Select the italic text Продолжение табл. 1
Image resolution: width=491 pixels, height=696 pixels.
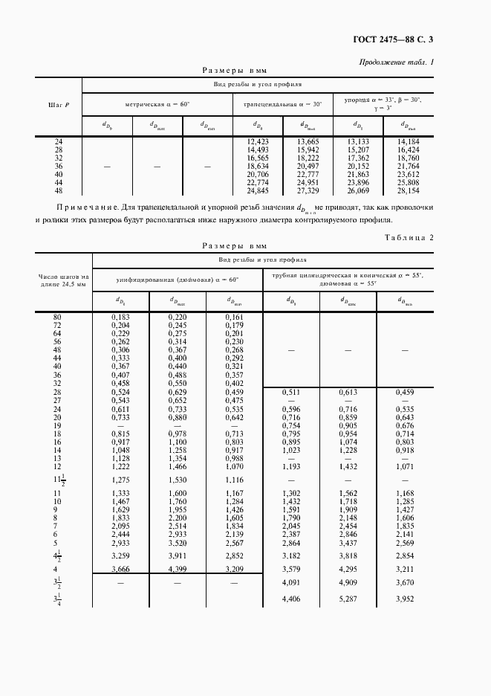(396, 62)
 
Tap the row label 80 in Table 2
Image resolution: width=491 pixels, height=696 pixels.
(57, 318)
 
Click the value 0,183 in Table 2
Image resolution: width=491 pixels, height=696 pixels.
(120, 318)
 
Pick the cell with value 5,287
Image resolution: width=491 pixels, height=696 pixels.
(348, 599)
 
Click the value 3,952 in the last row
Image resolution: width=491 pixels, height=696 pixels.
(405, 599)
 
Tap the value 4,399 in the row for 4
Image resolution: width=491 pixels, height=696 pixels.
(177, 569)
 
